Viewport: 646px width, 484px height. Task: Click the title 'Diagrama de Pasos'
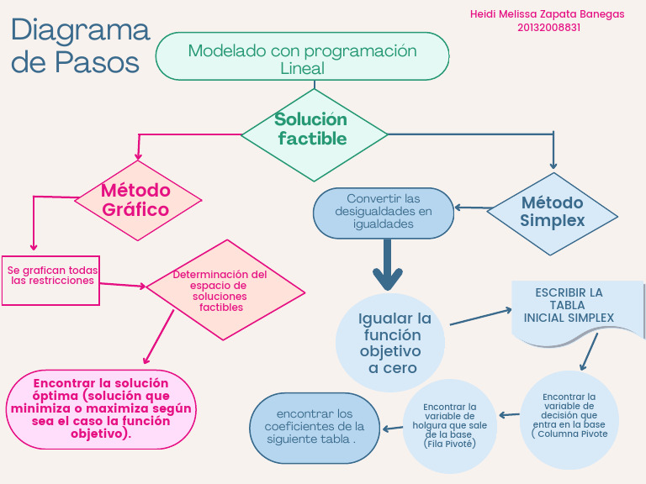coord(80,45)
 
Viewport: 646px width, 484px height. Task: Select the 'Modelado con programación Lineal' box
coord(302,56)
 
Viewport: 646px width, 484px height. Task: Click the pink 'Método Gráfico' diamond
coord(137,200)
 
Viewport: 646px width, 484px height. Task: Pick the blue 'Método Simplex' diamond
coord(553,213)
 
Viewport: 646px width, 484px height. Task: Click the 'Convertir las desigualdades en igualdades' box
coord(384,213)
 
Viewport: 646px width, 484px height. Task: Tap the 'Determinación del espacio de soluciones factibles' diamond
coord(225,290)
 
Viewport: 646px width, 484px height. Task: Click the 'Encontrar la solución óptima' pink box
coord(101,408)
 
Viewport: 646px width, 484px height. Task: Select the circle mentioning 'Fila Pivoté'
coord(450,426)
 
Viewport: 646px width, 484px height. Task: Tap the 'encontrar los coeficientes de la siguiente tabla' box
coord(315,428)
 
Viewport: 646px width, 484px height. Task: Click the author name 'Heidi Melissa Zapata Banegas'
coord(548,14)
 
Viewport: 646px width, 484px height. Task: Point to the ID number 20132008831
coord(548,27)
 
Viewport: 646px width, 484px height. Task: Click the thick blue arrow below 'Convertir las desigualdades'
coord(388,265)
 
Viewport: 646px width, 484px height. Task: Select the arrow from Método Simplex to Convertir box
coord(471,208)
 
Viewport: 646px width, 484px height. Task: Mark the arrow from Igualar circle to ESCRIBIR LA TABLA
coord(481,317)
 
